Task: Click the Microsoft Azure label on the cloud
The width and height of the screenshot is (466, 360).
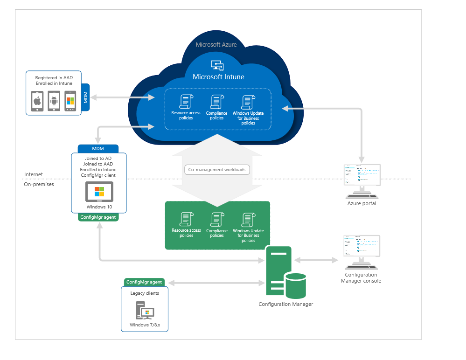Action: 216,45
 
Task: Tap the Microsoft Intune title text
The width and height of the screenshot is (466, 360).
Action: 218,77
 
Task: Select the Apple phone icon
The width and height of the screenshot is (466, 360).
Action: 37,101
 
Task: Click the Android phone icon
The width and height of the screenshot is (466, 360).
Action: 54,101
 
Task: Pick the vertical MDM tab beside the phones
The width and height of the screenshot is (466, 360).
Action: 85,98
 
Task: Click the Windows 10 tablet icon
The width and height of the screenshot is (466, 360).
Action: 98,192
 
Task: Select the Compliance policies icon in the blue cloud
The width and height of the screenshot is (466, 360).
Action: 216,102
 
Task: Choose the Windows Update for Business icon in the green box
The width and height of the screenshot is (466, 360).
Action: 248,219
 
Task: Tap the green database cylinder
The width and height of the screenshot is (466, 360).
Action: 295,285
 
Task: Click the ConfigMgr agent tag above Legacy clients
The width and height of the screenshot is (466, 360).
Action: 144,282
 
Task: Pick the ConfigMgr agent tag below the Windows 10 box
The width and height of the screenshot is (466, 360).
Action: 98,217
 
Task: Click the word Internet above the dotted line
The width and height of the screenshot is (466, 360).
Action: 33,174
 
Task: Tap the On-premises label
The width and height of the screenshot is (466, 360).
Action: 39,184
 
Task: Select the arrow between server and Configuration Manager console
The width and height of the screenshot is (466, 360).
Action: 315,260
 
